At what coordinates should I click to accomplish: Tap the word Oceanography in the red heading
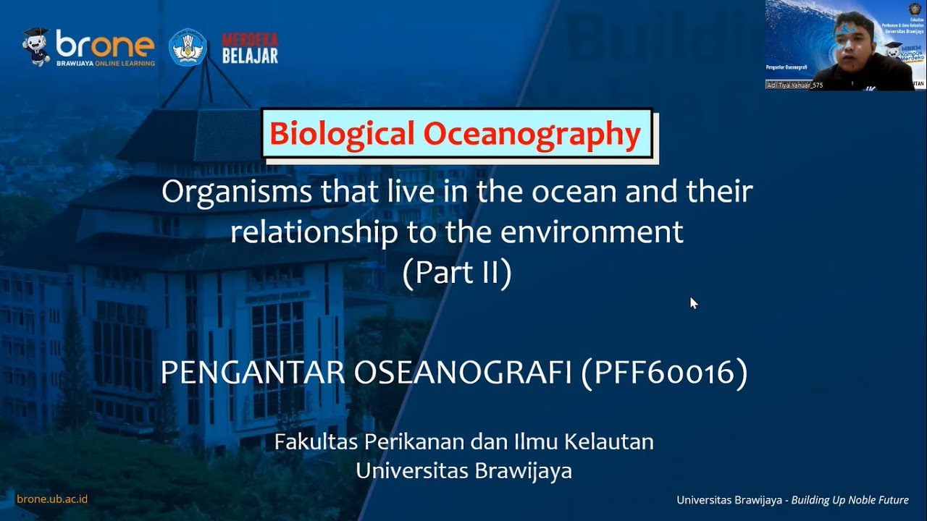(532, 134)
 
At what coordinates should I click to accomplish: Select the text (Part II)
(457, 273)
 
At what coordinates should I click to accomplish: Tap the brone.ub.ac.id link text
(52, 499)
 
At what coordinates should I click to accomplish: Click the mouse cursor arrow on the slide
(693, 302)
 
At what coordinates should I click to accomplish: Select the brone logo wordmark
(105, 47)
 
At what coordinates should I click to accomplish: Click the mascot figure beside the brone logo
(35, 47)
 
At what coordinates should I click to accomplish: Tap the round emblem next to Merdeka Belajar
(188, 48)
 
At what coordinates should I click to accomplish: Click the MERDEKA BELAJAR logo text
(250, 48)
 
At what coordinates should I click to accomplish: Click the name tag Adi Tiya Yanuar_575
(795, 85)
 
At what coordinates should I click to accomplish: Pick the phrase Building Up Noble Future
(850, 500)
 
